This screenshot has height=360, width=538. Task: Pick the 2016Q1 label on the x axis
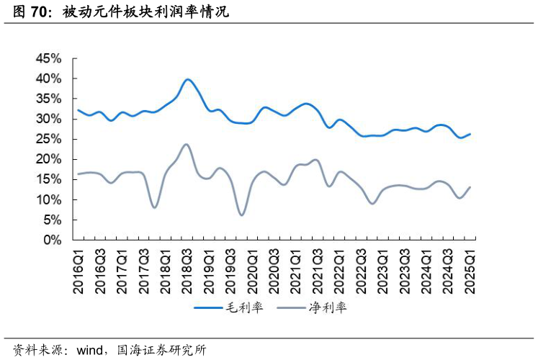pyautogui.click(x=79, y=270)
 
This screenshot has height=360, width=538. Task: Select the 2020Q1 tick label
pyautogui.click(x=252, y=270)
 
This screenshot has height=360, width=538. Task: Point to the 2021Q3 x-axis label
pyautogui.click(x=318, y=270)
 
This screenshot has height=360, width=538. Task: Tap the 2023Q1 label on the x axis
pyautogui.click(x=383, y=270)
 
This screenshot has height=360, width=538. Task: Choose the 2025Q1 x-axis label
pyautogui.click(x=470, y=270)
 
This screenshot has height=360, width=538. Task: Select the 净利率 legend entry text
pyautogui.click(x=328, y=308)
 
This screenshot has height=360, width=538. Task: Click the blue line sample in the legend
pyautogui.click(x=210, y=308)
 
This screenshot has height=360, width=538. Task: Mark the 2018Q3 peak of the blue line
pyautogui.click(x=187, y=79)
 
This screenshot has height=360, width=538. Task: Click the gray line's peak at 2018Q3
pyautogui.click(x=187, y=144)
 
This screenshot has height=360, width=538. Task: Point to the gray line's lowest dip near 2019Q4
pyautogui.click(x=242, y=215)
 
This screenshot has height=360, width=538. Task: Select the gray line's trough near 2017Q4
pyautogui.click(x=155, y=207)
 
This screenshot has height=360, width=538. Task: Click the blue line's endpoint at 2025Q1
pyautogui.click(x=470, y=134)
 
